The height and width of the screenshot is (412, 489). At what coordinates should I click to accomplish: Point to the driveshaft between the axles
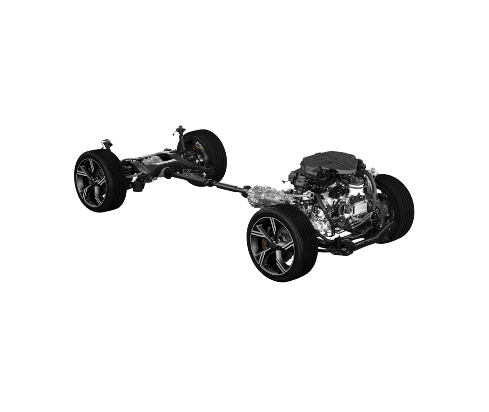point(225,186)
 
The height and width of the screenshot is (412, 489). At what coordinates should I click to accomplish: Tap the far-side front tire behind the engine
point(397,206)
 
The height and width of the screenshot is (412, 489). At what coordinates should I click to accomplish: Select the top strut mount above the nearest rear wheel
point(106,143)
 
